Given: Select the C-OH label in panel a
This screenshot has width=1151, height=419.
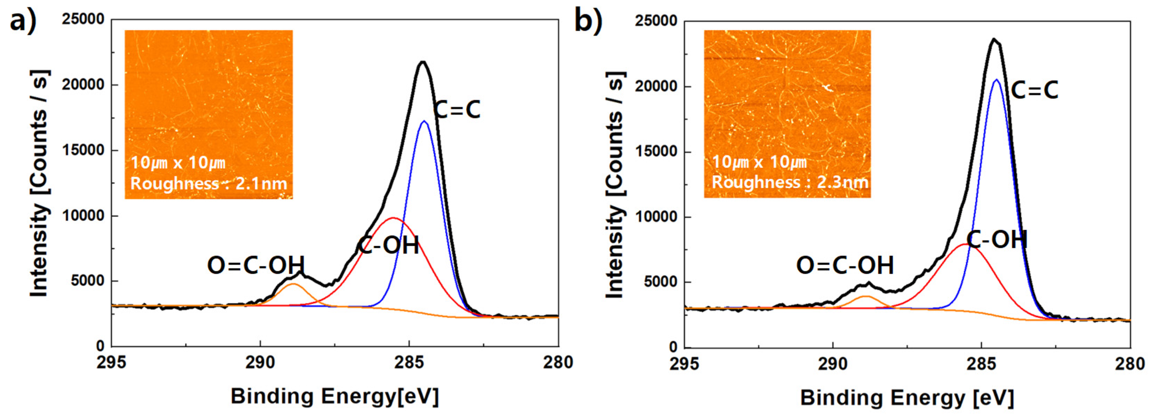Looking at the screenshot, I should tap(388, 245).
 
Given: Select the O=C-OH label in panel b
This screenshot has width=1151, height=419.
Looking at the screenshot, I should tap(845, 265).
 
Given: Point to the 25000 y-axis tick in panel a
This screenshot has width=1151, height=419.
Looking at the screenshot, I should tap(83, 19).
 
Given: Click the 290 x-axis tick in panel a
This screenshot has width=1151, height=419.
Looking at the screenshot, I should tap(260, 362).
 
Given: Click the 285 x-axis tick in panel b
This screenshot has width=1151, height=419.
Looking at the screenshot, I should tap(981, 364).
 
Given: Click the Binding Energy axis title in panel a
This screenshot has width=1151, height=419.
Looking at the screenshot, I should tap(335, 397).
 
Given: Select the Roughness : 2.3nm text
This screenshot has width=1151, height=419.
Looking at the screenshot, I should tap(790, 182).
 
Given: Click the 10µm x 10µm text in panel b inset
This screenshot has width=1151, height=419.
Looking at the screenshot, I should tap(759, 162).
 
